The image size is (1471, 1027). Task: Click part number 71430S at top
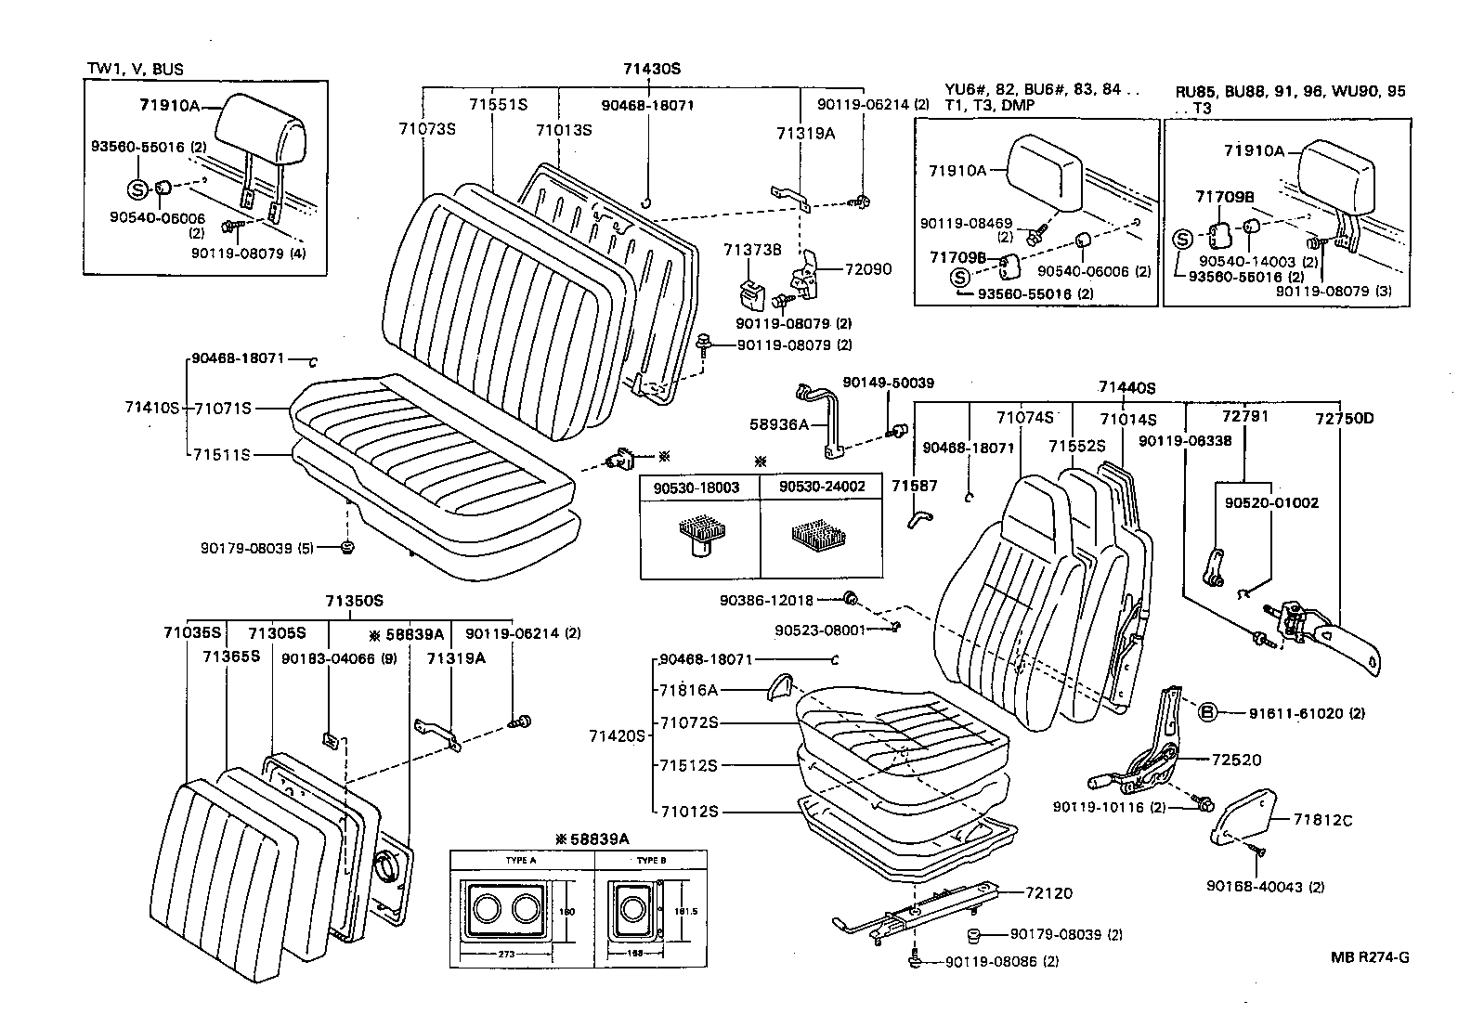(x=652, y=69)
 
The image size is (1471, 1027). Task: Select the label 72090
(x=867, y=269)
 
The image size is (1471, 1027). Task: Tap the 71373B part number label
(x=752, y=249)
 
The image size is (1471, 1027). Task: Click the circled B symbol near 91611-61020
(x=1206, y=713)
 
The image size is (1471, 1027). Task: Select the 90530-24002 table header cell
(x=821, y=487)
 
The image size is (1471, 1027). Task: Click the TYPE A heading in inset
(x=521, y=860)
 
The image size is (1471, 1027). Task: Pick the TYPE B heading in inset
(x=652, y=860)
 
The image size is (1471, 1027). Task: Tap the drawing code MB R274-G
(x=1369, y=957)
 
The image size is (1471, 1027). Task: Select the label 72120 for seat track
(x=1048, y=893)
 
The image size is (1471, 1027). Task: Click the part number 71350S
(x=354, y=601)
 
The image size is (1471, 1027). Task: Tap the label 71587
(x=915, y=485)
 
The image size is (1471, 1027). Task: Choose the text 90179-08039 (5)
(x=256, y=548)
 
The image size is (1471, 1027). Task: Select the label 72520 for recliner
(x=1236, y=760)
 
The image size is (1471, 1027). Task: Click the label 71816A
(x=688, y=690)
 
